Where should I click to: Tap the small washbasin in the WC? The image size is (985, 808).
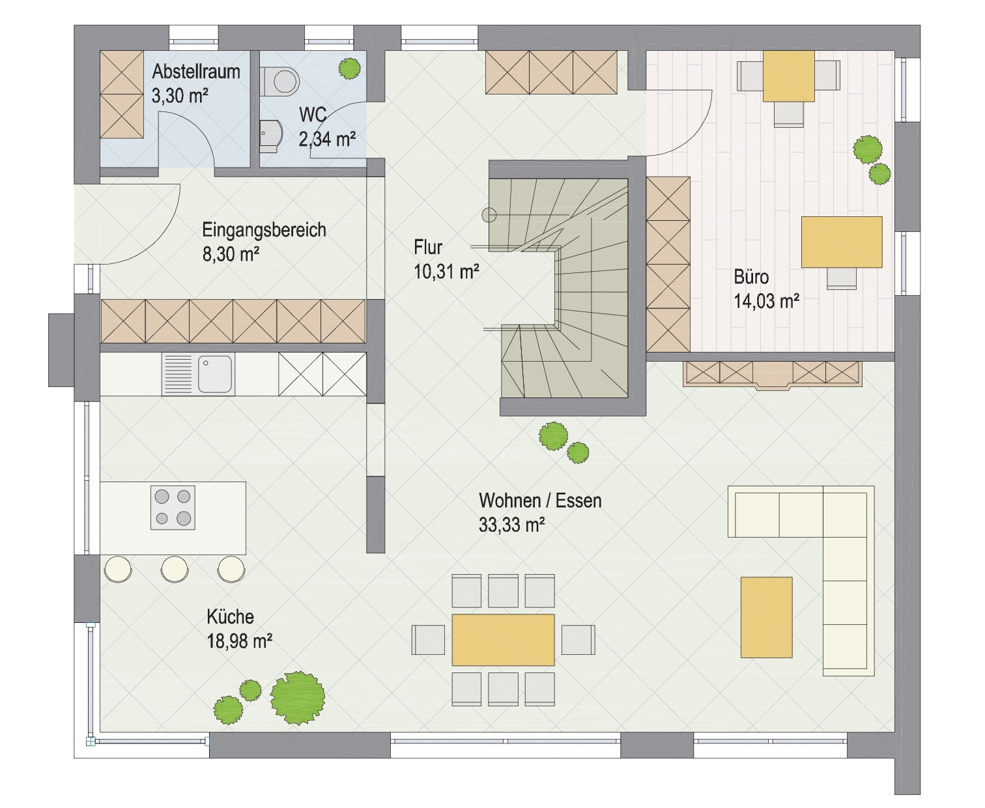coord(270,136)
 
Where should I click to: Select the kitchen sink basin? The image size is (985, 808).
coord(215,374)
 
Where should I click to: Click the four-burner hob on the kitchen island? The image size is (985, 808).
coord(173,507)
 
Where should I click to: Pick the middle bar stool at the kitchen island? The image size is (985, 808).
coord(175,569)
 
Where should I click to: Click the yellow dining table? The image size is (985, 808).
coord(503,640)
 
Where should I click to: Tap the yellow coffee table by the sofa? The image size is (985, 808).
coord(766,617)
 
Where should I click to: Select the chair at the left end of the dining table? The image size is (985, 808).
coord(428,640)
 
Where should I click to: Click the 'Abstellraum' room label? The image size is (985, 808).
coord(196,72)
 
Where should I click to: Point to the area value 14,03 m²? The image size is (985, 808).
coord(766,301)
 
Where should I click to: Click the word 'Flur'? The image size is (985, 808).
coord(428,248)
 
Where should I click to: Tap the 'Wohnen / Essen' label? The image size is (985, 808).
coord(540,500)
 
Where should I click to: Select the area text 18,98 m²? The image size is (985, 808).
coord(240,641)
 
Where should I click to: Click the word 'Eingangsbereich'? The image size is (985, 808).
coord(264,230)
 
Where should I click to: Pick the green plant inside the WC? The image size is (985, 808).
coord(349,68)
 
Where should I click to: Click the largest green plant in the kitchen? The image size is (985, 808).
coord(298,698)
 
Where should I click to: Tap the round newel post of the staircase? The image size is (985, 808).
coord(489,215)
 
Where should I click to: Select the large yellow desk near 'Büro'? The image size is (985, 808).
coord(842,242)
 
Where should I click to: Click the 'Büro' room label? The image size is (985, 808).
coord(751,277)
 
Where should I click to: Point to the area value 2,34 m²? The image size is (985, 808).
coord(328,139)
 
